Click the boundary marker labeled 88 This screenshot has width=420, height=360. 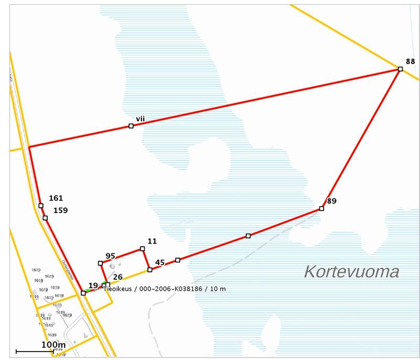click(400, 69)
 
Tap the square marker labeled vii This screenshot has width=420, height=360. click(131, 126)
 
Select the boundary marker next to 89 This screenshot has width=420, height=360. click(321, 209)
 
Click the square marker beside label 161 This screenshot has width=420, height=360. click(41, 206)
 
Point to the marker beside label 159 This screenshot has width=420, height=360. click(45, 218)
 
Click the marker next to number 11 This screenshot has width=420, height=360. click(142, 249)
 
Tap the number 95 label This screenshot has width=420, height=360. click(110, 256)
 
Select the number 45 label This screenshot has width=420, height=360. click(160, 262)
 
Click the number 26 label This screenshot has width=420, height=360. click(118, 277)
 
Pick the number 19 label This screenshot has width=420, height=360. click(93, 285)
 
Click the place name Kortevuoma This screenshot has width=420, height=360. click(351, 272)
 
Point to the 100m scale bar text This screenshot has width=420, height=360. click(53, 344)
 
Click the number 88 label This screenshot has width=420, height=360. click(411, 60)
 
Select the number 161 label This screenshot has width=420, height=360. click(56, 198)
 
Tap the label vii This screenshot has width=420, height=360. click(140, 119)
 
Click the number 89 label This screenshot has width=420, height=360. click(331, 201)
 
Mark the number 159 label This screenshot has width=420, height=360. click(60, 210)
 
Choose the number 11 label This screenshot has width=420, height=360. click(152, 241)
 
